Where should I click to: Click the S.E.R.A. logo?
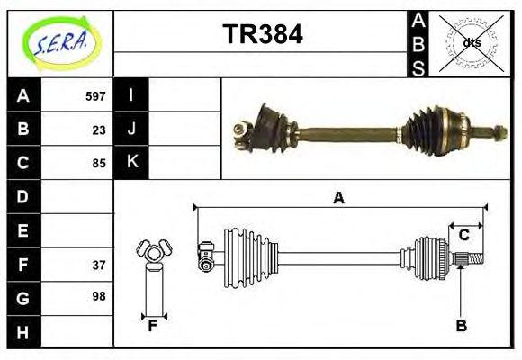(60, 41)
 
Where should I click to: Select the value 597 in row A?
(95, 96)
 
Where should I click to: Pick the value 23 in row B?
(99, 130)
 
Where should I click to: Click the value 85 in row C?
(99, 164)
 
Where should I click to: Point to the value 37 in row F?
(99, 265)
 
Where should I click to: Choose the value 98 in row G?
(99, 295)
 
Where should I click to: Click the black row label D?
(22, 196)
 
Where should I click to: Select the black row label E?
(22, 230)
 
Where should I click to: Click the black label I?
(131, 95)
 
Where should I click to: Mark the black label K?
(131, 163)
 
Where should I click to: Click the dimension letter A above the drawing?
(338, 199)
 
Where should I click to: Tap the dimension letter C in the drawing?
(463, 236)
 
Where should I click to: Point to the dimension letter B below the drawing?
(461, 326)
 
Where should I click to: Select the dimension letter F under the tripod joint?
(153, 326)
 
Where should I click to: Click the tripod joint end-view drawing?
(153, 254)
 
